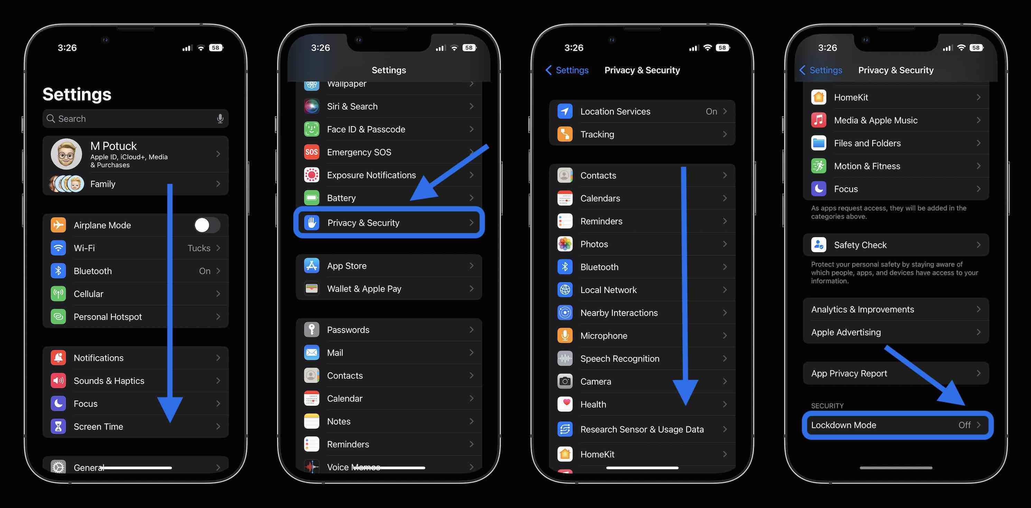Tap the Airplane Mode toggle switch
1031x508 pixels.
[x=206, y=225]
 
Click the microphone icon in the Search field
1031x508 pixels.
[x=220, y=119]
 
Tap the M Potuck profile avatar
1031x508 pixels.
[x=66, y=154]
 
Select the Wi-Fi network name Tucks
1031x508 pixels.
[x=198, y=248]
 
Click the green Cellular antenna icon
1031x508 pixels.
[x=58, y=294]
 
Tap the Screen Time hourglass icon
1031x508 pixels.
[x=58, y=426]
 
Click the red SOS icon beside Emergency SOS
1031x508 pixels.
[x=312, y=152]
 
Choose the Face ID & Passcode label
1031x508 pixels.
[x=366, y=129]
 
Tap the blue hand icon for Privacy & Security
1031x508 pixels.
[x=312, y=223]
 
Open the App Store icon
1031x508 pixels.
[x=312, y=266]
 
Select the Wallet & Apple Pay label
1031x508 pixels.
[x=364, y=289]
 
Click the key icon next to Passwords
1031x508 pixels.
[x=312, y=330]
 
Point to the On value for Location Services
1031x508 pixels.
[x=711, y=112]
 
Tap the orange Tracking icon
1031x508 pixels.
[x=565, y=134]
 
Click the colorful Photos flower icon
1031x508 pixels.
[x=565, y=244]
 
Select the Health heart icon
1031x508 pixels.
[x=565, y=404]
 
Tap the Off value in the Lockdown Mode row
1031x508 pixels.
[x=964, y=425]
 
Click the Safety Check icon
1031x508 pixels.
[x=818, y=245]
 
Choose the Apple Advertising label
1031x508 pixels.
[x=846, y=332]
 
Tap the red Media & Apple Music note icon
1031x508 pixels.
[x=818, y=120]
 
